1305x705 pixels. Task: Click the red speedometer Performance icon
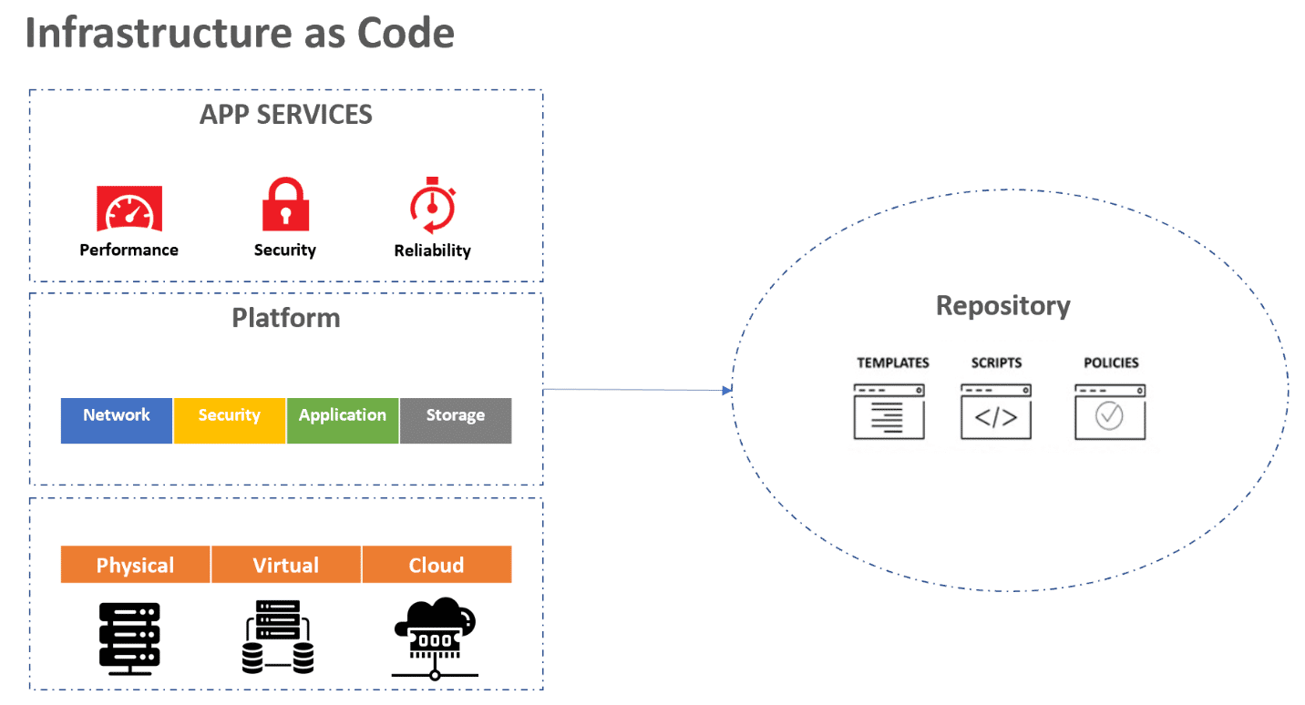129,209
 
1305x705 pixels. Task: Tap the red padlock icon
285,205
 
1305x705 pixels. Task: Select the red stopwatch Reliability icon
432,206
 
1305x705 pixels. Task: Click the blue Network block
117,420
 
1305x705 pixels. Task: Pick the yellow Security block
230,420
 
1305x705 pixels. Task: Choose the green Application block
343,420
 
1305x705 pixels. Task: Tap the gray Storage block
456,420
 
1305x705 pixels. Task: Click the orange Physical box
135,565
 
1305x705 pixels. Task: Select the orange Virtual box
286,565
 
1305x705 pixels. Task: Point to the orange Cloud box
437,565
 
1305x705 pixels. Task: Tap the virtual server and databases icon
278,636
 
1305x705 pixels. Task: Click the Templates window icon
889,412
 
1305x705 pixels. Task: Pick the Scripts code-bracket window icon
996,412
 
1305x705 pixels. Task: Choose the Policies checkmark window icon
1109,412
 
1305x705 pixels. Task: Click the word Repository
1002,306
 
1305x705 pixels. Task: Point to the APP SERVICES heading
286,115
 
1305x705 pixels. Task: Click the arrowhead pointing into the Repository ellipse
727,391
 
